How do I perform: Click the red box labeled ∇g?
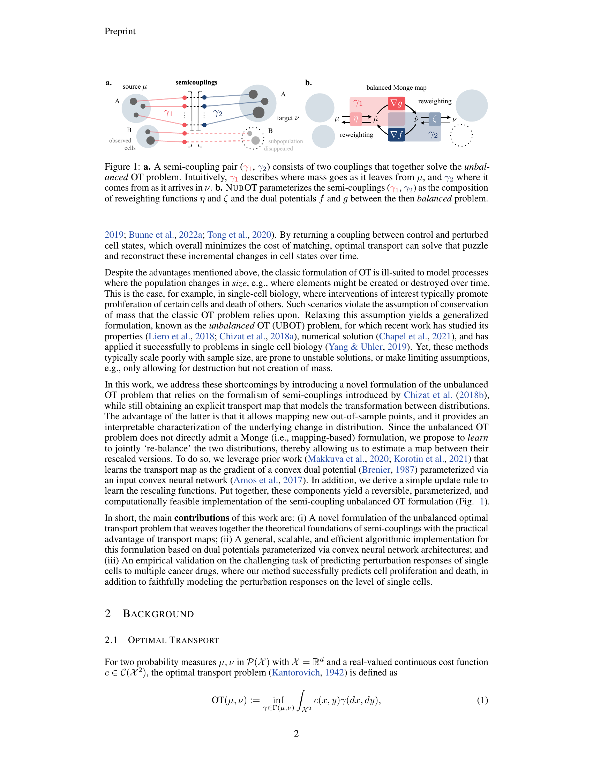tap(396, 103)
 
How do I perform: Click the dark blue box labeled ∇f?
tap(396, 135)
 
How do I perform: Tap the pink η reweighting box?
tap(356, 119)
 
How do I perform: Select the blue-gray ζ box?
tap(435, 119)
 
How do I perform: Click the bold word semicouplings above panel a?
tap(196, 82)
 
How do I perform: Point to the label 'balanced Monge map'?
tap(396, 88)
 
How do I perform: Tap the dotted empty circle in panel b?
tap(461, 135)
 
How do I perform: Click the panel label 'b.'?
tap(308, 83)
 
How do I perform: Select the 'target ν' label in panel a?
tap(288, 118)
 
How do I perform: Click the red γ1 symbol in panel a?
tap(168, 113)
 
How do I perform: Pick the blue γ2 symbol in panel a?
tap(218, 113)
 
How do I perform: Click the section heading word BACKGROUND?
tap(158, 614)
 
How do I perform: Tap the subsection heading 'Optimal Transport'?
tap(173, 640)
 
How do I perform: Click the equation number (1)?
tap(482, 700)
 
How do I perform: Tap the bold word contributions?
tap(202, 518)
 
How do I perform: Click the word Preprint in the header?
tap(120, 31)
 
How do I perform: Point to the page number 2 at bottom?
tap(296, 733)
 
